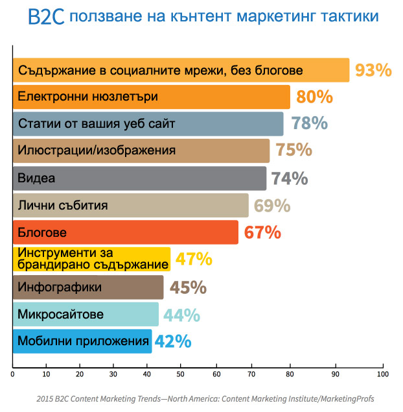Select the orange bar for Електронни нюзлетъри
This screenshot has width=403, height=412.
(x=151, y=97)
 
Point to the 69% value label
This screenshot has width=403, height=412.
(x=271, y=206)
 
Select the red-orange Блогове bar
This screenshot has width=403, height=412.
(x=125, y=232)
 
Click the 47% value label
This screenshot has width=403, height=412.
(x=194, y=259)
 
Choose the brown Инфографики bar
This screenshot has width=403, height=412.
(x=87, y=287)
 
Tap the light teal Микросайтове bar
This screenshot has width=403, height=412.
(x=85, y=314)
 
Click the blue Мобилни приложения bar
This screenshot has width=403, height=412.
(x=82, y=341)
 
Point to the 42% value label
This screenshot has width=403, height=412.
(x=172, y=341)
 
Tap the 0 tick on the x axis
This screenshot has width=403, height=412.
(x=13, y=374)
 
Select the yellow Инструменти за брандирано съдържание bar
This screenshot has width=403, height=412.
(x=91, y=259)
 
